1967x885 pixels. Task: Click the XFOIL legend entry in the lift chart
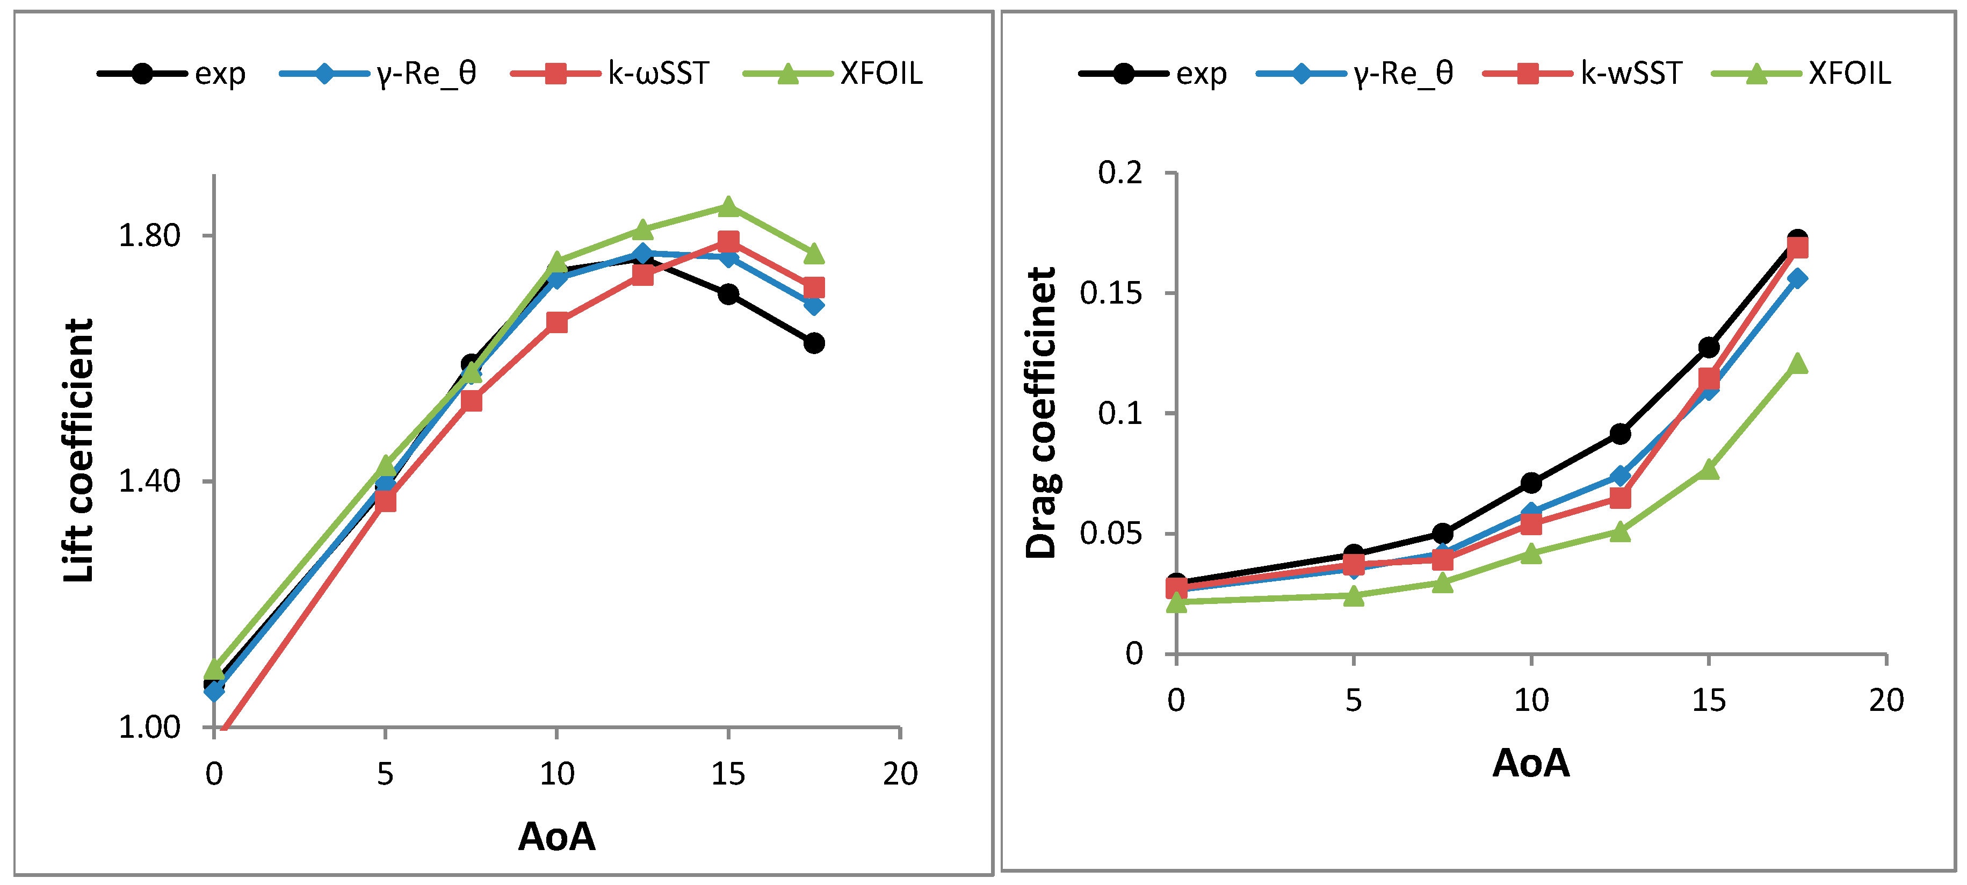click(x=833, y=73)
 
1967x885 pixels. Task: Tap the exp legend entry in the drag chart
click(x=1153, y=73)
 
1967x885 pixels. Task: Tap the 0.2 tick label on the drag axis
click(x=1120, y=172)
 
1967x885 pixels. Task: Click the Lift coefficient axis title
click(x=78, y=450)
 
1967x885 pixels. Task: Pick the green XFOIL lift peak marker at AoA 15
click(x=728, y=206)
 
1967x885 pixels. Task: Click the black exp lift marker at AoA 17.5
click(x=814, y=343)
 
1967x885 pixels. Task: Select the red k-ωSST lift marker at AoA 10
click(x=556, y=322)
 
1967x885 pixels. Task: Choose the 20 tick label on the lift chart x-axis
click(x=900, y=774)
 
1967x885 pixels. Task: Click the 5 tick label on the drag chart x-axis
click(x=1354, y=700)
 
